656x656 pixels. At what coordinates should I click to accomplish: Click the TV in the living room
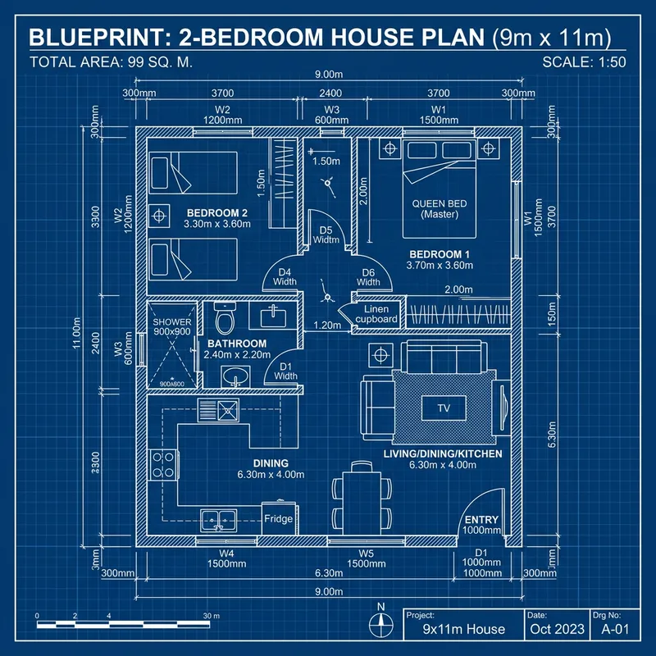[x=444, y=408]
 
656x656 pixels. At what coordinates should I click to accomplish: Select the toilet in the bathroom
[x=224, y=316]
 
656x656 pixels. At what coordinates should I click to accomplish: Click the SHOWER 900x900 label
[x=172, y=326]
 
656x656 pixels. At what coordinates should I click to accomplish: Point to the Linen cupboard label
[x=376, y=314]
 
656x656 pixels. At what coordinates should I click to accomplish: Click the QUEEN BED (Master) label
[x=441, y=208]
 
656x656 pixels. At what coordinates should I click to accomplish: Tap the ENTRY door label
[x=481, y=525]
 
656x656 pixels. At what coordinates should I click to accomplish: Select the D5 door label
[x=326, y=235]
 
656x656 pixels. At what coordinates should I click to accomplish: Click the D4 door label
[x=285, y=277]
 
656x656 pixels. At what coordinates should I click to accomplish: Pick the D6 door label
[x=368, y=277]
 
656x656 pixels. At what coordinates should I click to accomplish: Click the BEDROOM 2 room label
[x=216, y=216]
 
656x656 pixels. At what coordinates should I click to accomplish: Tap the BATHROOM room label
[x=236, y=348]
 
